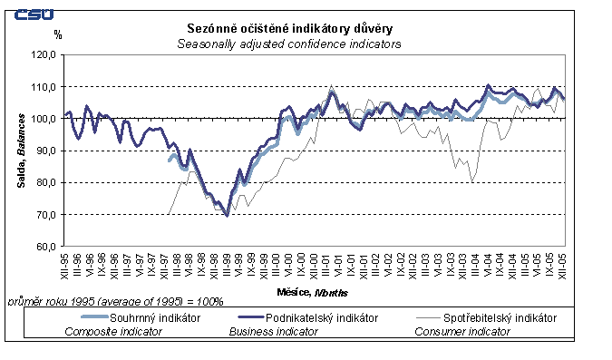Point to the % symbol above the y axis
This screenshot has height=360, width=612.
(x=57, y=35)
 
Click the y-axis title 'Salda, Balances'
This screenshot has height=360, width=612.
(x=19, y=151)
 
